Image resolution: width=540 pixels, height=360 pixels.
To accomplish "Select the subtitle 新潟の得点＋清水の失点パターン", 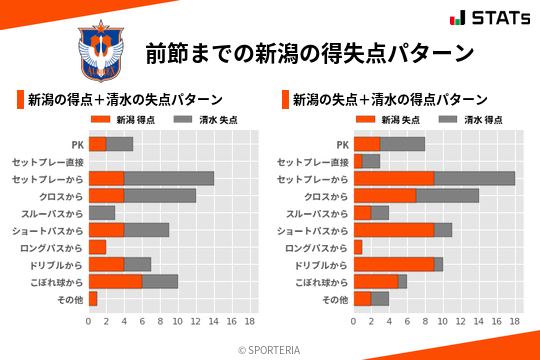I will [125, 100].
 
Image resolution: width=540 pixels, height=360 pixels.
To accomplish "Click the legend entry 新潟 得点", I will [125, 120].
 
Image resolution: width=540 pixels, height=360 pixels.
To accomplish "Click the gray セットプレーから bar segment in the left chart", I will [169, 178].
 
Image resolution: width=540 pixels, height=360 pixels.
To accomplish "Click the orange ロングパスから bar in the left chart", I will [97, 247].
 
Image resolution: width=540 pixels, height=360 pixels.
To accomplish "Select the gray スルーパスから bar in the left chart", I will [102, 213].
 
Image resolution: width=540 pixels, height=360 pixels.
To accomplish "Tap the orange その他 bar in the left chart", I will [93, 298].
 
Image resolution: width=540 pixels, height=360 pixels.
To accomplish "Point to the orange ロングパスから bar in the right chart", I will [358, 247].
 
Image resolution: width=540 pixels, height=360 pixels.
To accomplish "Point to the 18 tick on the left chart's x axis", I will [249, 322].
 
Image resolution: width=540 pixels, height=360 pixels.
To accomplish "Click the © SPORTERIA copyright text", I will [270, 349].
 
